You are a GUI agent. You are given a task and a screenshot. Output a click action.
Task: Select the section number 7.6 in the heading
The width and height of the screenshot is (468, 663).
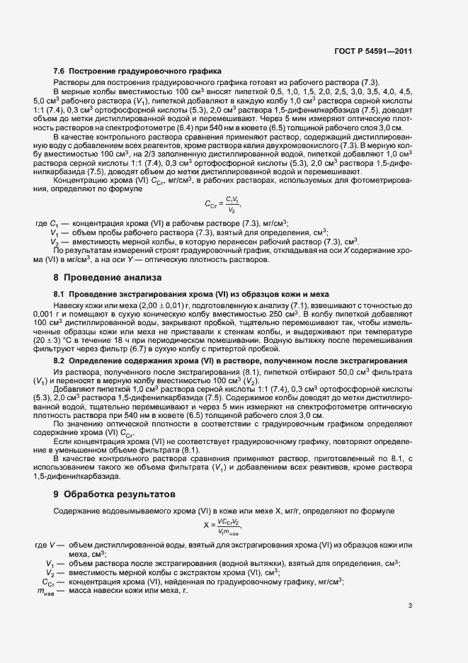pyautogui.click(x=59, y=72)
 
